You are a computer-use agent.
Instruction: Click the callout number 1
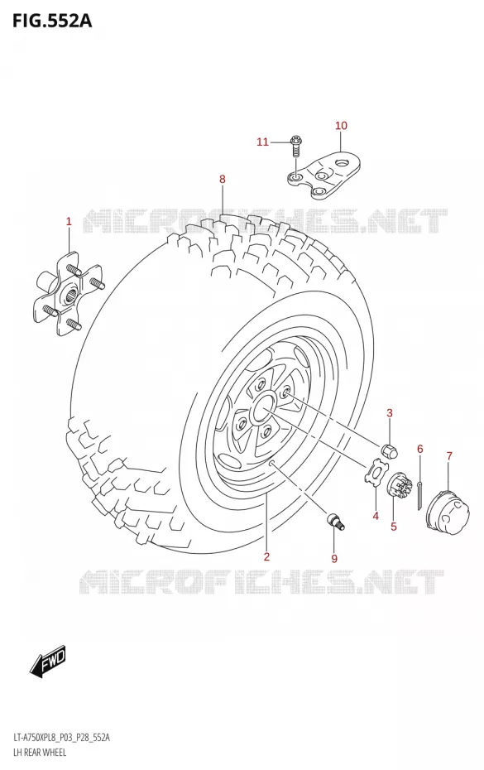69,221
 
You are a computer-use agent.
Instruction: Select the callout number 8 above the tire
223,179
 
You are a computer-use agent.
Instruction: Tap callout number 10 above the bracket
341,126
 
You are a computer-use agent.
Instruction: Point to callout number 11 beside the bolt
262,142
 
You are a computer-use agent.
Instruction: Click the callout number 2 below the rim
266,556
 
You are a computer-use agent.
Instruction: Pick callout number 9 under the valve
334,558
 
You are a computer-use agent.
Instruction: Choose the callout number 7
449,456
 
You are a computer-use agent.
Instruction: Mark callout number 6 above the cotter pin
419,449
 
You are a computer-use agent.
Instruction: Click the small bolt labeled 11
295,147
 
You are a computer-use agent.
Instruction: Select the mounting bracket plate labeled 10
324,178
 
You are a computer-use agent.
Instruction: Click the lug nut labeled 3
389,450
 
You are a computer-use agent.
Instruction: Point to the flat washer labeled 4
376,473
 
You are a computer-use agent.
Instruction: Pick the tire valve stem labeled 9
336,521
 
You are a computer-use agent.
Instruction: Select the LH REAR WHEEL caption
36,753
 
